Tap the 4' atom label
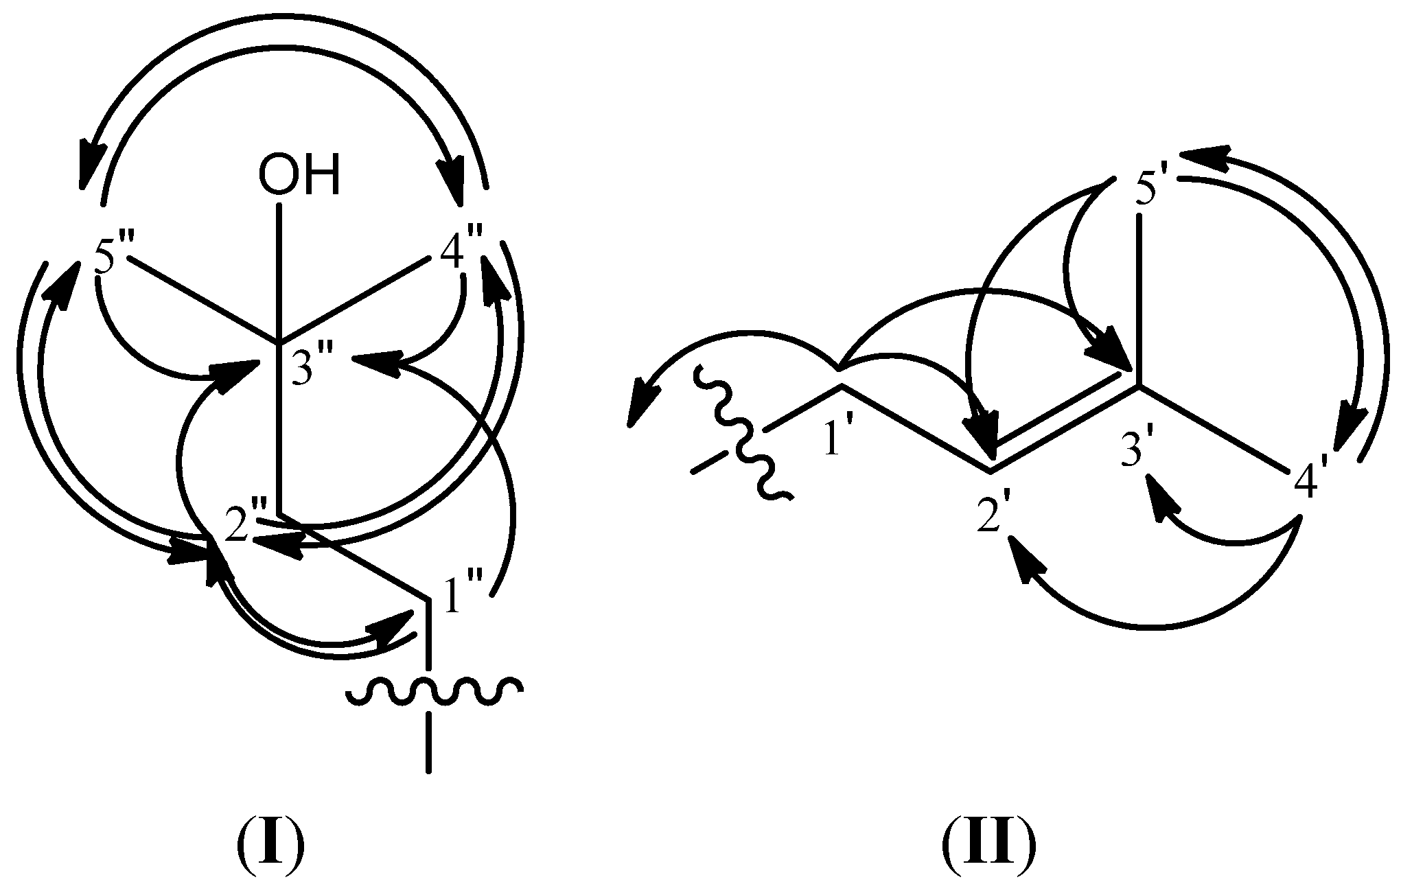pyautogui.click(x=1311, y=488)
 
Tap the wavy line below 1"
pyautogui.click(x=435, y=694)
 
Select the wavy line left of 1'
pyautogui.click(x=743, y=432)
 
